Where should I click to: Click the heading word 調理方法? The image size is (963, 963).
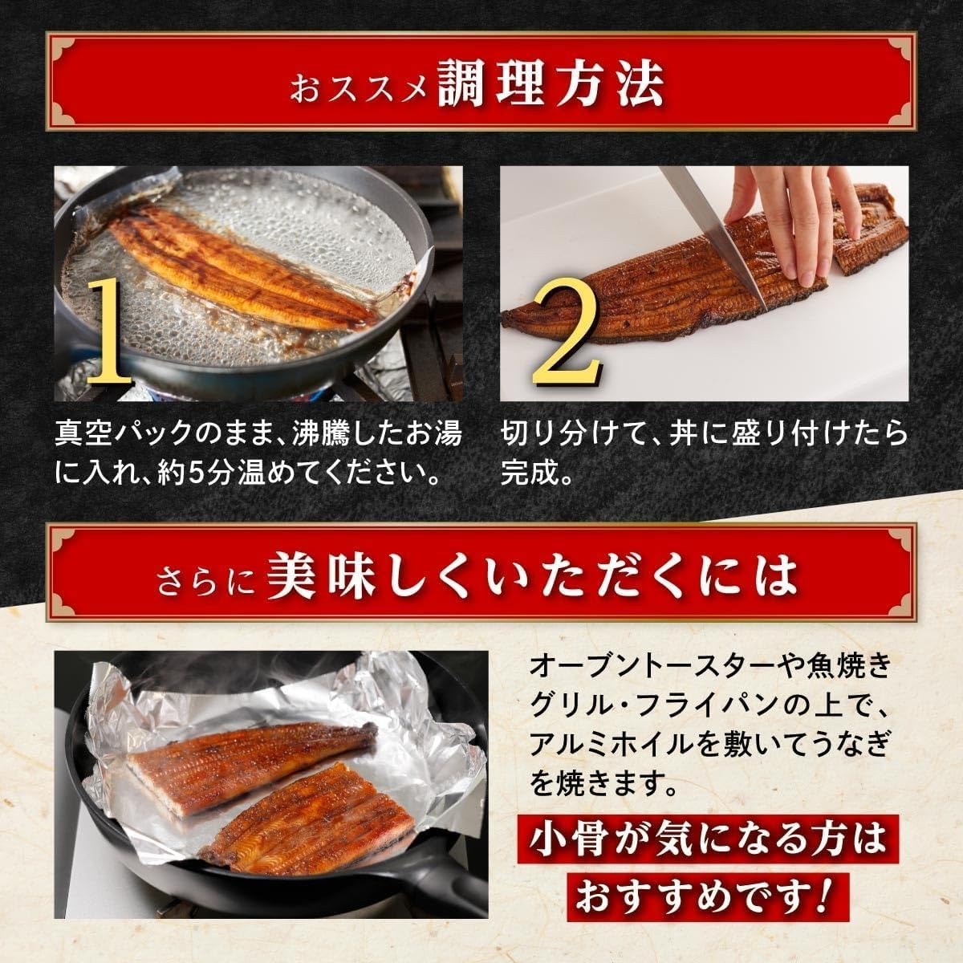(x=551, y=83)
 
